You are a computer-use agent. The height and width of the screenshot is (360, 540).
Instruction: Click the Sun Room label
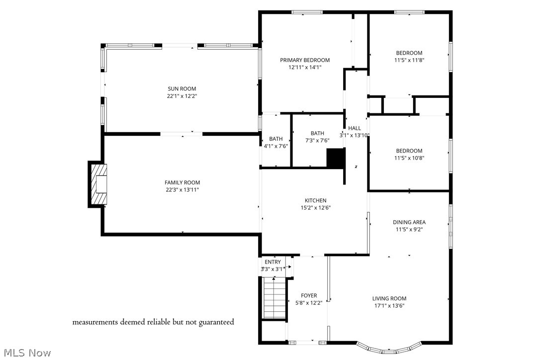click(x=181, y=89)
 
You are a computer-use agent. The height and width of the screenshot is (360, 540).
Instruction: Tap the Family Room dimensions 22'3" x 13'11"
click(x=182, y=190)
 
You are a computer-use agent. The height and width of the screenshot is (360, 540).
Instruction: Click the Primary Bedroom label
click(x=304, y=60)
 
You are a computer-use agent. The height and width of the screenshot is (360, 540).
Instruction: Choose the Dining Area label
click(x=409, y=222)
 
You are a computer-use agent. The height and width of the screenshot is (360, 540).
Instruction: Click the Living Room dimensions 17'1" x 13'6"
click(x=389, y=306)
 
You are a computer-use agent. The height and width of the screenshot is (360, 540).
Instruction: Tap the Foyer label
click(x=308, y=295)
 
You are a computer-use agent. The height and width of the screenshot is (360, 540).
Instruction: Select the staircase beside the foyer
click(x=274, y=298)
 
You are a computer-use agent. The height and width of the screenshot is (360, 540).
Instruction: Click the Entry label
click(x=272, y=262)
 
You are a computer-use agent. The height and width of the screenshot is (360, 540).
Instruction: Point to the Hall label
click(x=355, y=128)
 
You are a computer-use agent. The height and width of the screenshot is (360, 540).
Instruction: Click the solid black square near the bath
click(x=335, y=158)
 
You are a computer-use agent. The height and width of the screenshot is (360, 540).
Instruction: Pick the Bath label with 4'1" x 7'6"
click(x=275, y=139)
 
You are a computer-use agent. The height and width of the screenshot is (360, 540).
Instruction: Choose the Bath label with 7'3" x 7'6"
click(x=317, y=133)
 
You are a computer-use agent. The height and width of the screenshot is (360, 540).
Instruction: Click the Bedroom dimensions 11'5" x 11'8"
click(x=409, y=60)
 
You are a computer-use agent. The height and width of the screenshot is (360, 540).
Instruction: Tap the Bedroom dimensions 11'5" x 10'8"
click(x=409, y=158)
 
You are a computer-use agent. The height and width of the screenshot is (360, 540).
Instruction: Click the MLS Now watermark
click(x=26, y=353)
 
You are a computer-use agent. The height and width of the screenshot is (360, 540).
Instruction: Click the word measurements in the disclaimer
click(x=95, y=322)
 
